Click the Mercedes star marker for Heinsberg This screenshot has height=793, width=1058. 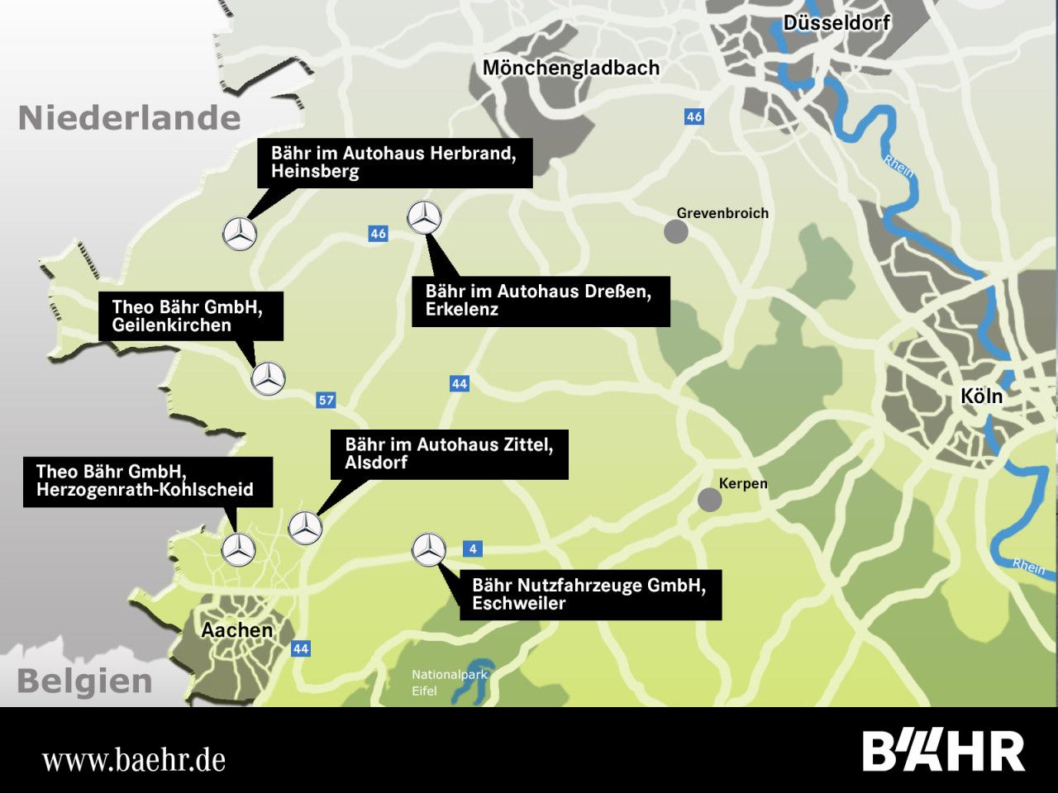(x=240, y=235)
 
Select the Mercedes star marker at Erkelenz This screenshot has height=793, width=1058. (x=425, y=218)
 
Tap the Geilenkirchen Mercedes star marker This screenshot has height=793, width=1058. (x=268, y=378)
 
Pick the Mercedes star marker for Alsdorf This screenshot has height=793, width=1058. (x=305, y=527)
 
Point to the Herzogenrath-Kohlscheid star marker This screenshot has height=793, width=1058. (x=239, y=549)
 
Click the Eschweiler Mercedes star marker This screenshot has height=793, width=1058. (x=429, y=549)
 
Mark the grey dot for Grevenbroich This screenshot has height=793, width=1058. (x=676, y=231)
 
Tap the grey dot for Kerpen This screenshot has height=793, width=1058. (x=709, y=500)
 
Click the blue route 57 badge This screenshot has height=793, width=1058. (x=326, y=401)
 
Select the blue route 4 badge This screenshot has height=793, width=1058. (x=473, y=549)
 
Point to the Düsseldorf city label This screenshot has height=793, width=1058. (x=836, y=23)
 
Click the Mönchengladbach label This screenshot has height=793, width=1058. (x=571, y=68)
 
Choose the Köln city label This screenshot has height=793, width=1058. (x=982, y=396)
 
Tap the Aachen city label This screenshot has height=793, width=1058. (x=237, y=630)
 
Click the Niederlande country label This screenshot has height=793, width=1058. (x=130, y=118)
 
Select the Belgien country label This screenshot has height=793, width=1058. (x=84, y=682)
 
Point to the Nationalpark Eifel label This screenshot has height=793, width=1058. (x=450, y=682)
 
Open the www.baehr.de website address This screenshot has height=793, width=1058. (x=134, y=759)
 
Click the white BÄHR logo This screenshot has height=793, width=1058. (x=944, y=751)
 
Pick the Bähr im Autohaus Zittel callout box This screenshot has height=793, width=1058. (x=450, y=453)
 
